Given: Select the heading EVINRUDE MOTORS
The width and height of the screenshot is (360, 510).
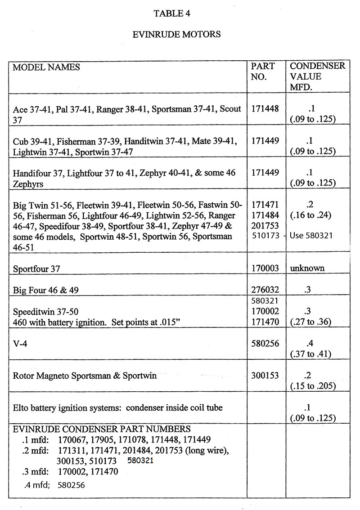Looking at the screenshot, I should tap(178, 34).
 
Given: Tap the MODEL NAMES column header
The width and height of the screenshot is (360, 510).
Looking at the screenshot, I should tap(46, 67).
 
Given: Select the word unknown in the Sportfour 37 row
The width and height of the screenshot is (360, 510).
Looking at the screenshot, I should tap(308, 268).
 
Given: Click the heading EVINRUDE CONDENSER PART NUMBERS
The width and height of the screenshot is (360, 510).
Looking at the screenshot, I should tap(102, 429).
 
